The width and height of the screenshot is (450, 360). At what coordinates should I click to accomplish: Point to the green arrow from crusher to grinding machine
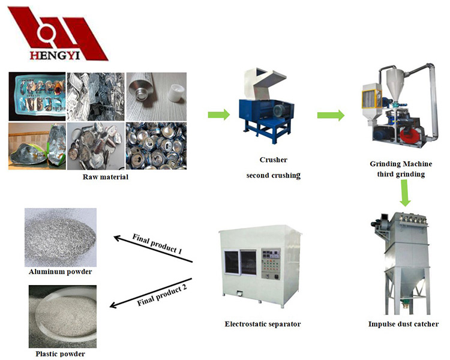click(331, 113)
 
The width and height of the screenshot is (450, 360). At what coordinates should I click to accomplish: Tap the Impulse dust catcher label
click(403, 324)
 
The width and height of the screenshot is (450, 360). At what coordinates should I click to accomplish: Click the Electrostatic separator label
click(262, 324)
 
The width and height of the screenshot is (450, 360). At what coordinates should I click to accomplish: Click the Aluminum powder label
click(61, 272)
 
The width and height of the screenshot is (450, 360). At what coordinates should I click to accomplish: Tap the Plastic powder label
click(60, 353)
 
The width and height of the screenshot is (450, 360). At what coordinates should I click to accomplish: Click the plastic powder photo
click(61, 316)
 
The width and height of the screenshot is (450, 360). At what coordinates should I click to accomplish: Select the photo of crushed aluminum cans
click(155, 146)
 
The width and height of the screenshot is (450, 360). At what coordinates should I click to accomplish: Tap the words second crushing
click(273, 176)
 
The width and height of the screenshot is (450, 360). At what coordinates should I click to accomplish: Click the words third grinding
click(401, 174)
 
